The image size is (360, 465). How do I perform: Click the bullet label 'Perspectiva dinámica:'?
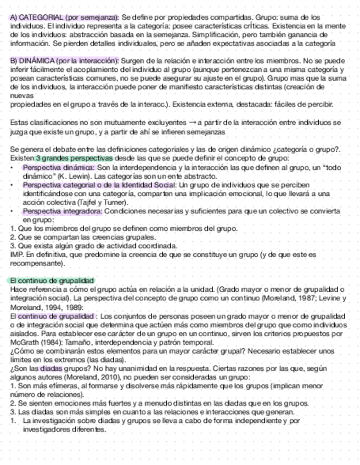pos(59,167)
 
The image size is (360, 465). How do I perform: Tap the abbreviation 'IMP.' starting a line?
pos(17,254)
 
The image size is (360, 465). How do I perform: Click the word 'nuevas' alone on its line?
pos(20,96)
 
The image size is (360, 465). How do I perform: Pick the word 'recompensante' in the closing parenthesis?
pos(33,263)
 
